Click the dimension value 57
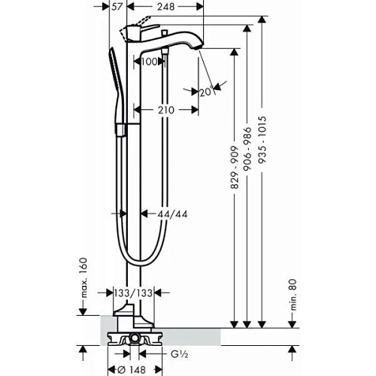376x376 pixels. (117, 7)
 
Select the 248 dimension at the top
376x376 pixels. (170, 7)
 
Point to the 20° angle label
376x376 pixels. (206, 92)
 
